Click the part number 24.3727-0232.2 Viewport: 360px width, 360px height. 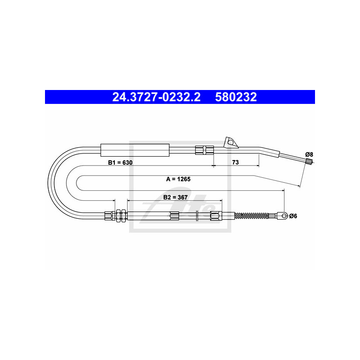(x=156, y=97)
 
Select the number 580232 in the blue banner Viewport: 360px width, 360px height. (x=236, y=97)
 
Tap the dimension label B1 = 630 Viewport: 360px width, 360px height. (x=120, y=162)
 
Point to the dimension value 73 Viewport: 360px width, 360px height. (x=235, y=162)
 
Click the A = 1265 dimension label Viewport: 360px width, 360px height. (x=178, y=179)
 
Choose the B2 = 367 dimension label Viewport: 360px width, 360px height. (x=175, y=197)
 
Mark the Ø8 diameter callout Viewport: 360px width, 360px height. (x=309, y=154)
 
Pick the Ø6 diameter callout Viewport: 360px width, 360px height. (x=293, y=216)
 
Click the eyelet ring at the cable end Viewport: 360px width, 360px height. (x=284, y=216)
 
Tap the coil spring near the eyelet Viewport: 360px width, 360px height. (x=251, y=216)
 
